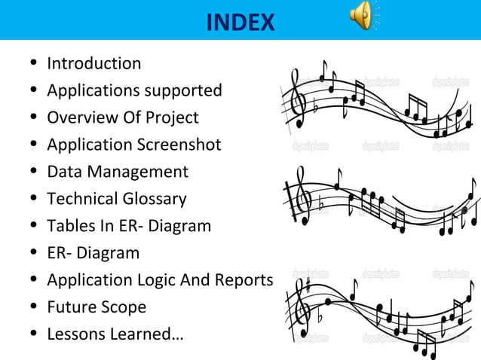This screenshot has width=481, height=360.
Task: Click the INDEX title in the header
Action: coord(240,22)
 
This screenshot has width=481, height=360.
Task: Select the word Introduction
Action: coord(93,63)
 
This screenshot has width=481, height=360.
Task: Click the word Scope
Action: coord(125,307)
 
